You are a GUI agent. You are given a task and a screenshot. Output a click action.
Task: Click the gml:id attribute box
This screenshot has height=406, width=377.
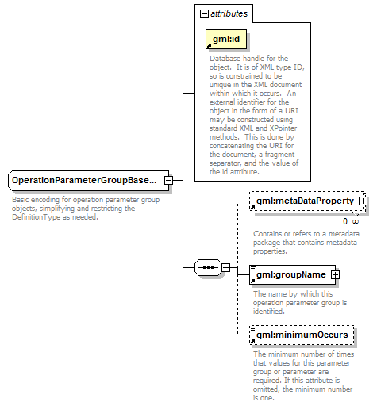(x=226, y=39)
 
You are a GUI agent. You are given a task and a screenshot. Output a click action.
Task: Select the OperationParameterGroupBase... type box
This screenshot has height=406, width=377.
(x=88, y=181)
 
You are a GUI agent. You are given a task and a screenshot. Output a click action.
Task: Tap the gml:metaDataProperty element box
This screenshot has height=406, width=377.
(x=307, y=201)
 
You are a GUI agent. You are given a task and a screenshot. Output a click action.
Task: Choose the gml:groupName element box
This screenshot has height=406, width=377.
(x=292, y=274)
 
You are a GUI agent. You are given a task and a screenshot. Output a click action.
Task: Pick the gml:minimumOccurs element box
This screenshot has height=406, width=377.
(x=302, y=335)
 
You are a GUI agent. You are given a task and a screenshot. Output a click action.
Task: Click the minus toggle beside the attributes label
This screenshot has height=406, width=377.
(x=204, y=13)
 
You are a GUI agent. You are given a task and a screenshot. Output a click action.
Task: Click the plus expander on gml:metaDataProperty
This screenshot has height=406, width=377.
(x=363, y=201)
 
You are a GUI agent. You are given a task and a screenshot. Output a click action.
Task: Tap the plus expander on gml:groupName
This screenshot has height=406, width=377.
(x=335, y=274)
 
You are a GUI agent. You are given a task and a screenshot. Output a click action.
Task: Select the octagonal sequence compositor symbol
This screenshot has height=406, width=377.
(x=208, y=267)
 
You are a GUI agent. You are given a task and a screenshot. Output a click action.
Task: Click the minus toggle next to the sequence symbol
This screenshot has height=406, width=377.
(x=225, y=267)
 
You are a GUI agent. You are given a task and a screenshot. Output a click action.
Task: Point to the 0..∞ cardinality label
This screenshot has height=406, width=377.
(x=351, y=221)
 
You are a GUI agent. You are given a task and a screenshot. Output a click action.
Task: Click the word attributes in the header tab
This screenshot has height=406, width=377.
(x=229, y=13)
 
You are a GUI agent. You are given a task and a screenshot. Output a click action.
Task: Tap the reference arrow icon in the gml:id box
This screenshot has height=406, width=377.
(x=209, y=45)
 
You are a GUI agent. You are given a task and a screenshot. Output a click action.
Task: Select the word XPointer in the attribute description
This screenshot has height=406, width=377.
(x=283, y=128)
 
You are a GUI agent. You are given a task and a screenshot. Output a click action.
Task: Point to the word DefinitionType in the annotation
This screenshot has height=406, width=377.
(x=37, y=217)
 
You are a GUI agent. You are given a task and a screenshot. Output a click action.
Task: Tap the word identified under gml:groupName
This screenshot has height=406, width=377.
(x=269, y=312)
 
